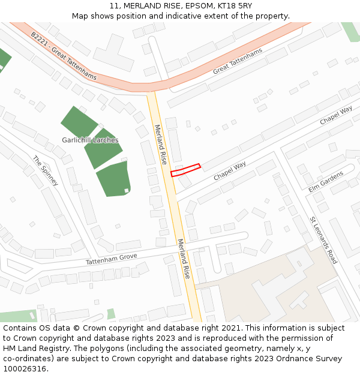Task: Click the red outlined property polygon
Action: pyautogui.click(x=185, y=170)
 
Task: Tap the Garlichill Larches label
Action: pyautogui.click(x=90, y=140)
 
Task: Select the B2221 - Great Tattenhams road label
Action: pyautogui.click(x=64, y=56)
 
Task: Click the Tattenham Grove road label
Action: pyautogui.click(x=111, y=259)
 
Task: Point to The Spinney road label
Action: pyautogui.click(x=46, y=171)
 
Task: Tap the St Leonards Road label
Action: pyautogui.click(x=323, y=240)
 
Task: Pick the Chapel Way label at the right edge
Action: pyautogui.click(x=336, y=116)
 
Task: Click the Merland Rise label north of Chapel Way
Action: pyautogui.click(x=160, y=145)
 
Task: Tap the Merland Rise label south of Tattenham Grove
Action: pyautogui.click(x=184, y=258)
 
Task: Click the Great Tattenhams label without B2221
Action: pyautogui.click(x=238, y=62)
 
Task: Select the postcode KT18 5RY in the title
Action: pyautogui.click(x=235, y=6)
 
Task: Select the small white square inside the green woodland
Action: pyautogui.click(x=127, y=191)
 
